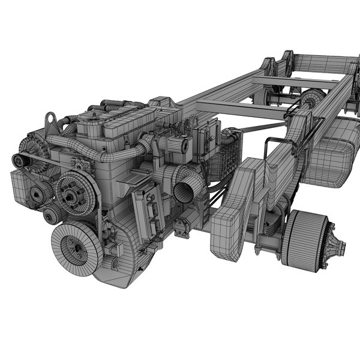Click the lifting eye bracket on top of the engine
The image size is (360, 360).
[52, 123]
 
